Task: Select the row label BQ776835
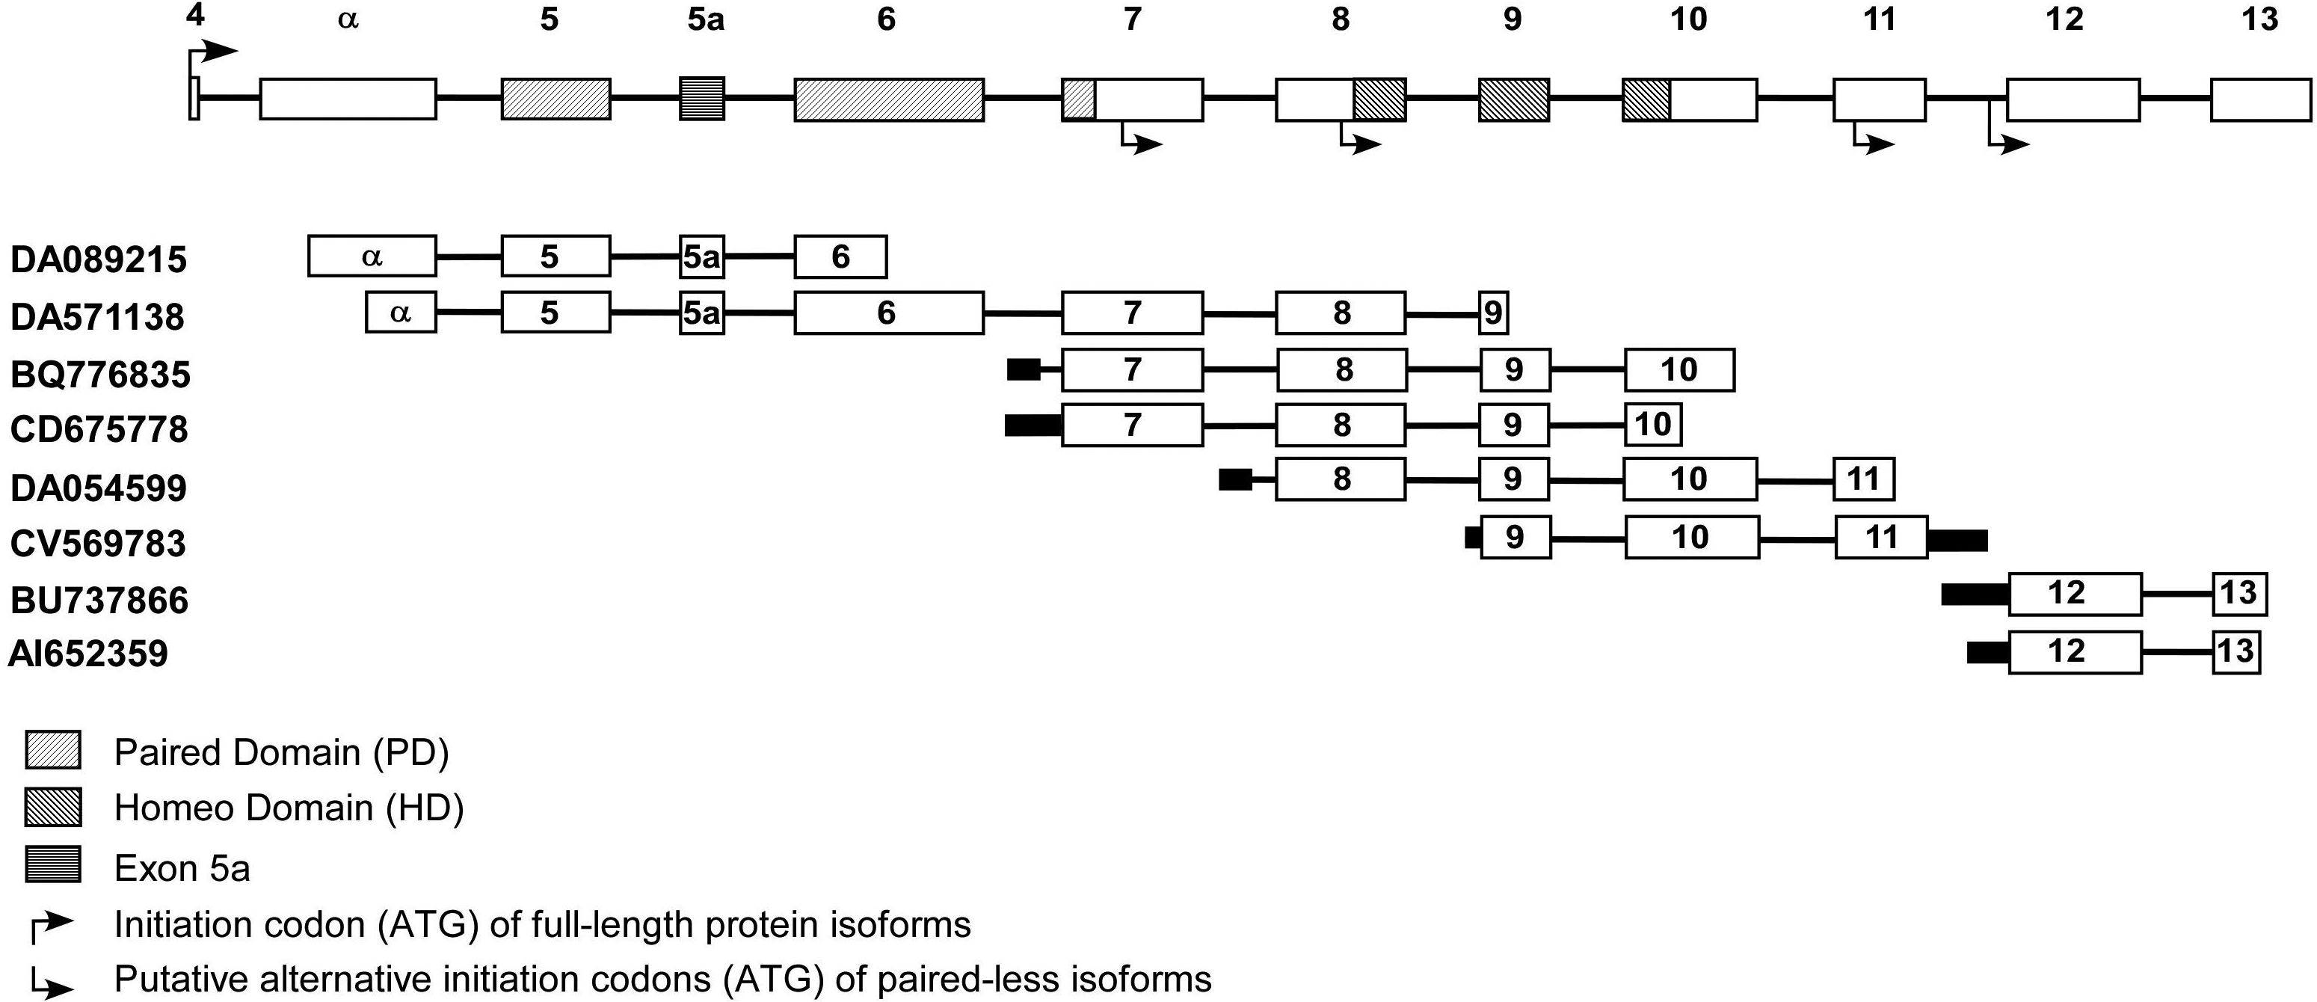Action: (x=100, y=374)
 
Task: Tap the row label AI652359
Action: (x=88, y=654)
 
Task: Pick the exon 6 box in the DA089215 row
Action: (x=840, y=257)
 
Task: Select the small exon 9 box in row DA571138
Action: (x=1493, y=313)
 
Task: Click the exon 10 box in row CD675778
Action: (x=1652, y=425)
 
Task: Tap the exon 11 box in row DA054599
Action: (x=1864, y=479)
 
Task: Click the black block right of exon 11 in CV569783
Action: (x=1957, y=541)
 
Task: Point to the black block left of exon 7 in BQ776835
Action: (x=1024, y=369)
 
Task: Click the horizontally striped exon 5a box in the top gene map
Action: (x=701, y=99)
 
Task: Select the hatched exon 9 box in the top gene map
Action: (x=1514, y=99)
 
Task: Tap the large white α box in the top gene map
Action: (x=348, y=99)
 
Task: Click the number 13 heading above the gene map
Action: (x=2259, y=19)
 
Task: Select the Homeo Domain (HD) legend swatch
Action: (x=53, y=807)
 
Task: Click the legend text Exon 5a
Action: (x=182, y=869)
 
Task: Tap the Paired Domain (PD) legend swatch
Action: (x=53, y=750)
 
